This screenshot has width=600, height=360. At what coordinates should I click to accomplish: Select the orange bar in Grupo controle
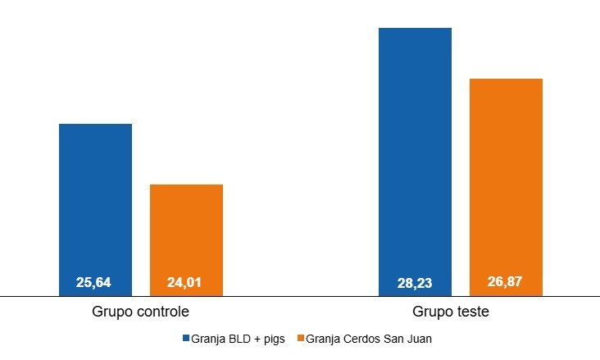coord(186,234)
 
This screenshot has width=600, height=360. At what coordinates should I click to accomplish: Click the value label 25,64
coord(93,283)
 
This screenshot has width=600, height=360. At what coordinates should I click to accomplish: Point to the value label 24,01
coord(184,283)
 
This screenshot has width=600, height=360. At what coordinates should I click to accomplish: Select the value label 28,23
coord(415,284)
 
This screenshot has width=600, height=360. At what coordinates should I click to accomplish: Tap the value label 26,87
coord(505,282)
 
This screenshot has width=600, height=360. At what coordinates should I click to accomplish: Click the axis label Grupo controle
coord(141,312)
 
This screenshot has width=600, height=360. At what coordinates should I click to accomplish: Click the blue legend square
coord(185,339)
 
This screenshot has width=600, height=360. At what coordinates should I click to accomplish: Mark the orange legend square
coord(300,339)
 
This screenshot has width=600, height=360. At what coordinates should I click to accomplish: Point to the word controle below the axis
coord(162,312)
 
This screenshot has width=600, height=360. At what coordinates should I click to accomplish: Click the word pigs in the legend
coord(274,339)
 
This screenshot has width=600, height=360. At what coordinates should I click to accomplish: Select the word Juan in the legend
coord(420,339)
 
